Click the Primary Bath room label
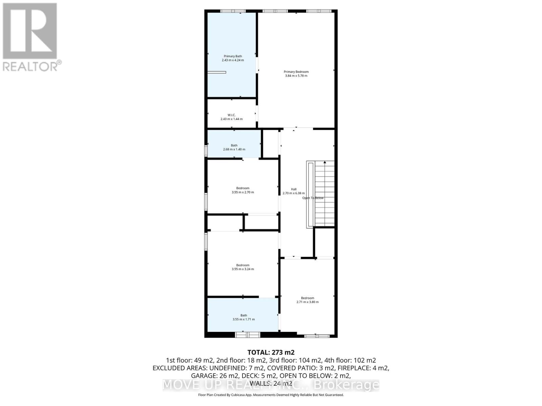click(233, 56)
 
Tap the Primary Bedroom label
click(296, 72)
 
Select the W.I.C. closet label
click(232, 115)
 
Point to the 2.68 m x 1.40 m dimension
click(234, 149)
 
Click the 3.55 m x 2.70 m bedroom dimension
click(243, 192)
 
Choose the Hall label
click(294, 189)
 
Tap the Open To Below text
click(313, 198)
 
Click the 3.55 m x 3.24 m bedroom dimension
click(243, 269)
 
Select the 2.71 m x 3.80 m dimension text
click(308, 302)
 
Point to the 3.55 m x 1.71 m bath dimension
click(244, 319)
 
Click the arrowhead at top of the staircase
click(325, 162)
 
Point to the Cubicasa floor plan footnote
click(271, 395)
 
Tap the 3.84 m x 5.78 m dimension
click(296, 76)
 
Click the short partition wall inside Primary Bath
click(217, 72)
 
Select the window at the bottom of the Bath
click(248, 335)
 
